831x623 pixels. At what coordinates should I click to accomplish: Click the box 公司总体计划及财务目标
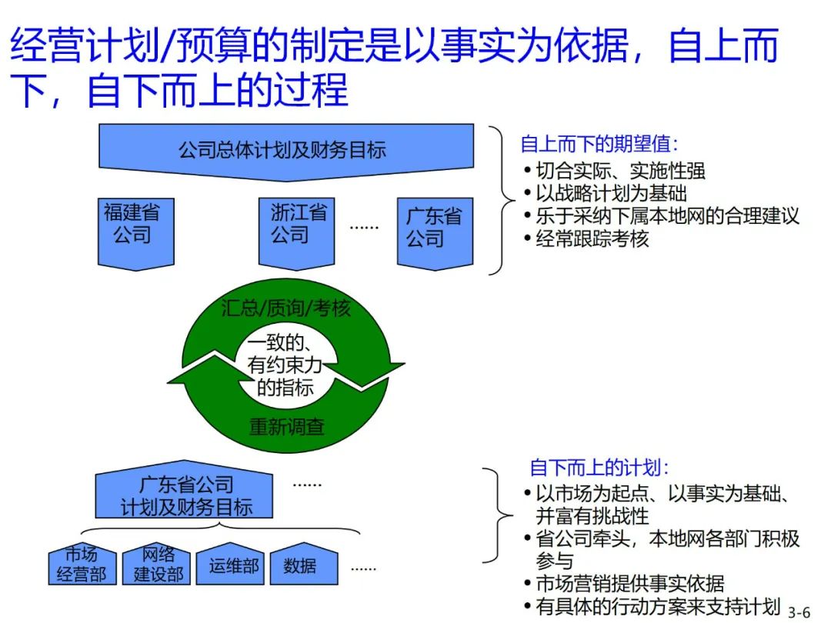point(282,148)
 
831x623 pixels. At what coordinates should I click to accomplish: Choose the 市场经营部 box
point(81,565)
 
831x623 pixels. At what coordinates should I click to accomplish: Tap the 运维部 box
point(234,566)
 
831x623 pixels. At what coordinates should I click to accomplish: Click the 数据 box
point(299,566)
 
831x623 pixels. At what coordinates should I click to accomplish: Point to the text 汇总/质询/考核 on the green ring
point(285,308)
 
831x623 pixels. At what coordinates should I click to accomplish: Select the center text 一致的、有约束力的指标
point(285,366)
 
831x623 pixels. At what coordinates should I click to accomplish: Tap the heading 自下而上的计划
point(600,467)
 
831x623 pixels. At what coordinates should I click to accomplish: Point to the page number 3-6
point(799,612)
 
